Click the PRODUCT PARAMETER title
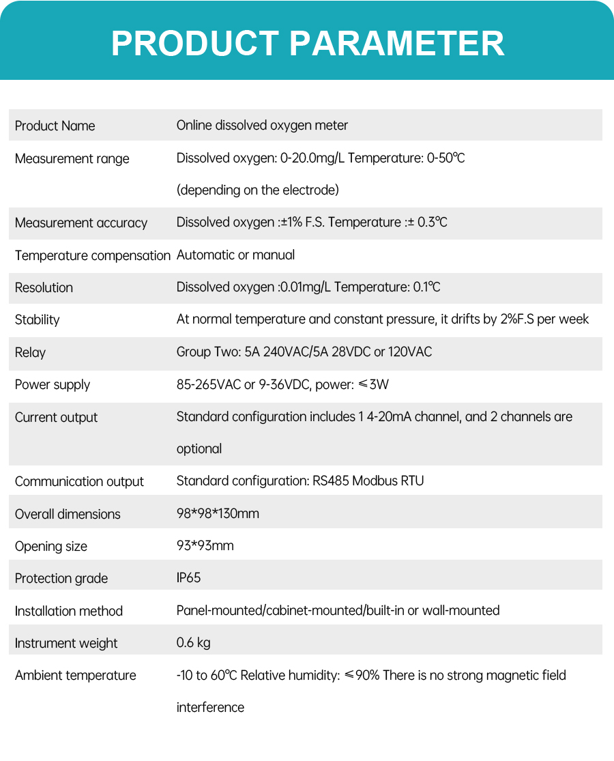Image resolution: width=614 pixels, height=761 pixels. point(307,43)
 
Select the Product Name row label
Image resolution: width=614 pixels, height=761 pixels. point(55,126)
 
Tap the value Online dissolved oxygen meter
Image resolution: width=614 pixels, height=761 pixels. point(262,126)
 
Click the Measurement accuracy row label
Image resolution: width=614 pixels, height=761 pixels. point(81,222)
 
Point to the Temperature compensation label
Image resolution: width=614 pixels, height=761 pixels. point(92,255)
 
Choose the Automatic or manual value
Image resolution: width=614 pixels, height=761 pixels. point(235,255)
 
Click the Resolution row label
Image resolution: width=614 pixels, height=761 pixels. point(44,287)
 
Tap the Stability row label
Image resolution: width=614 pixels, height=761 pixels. point(37,319)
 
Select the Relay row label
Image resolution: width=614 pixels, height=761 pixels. point(30,352)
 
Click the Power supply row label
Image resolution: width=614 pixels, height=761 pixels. point(52,384)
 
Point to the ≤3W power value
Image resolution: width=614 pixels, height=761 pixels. point(374,384)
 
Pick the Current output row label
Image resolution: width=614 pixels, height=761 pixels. point(56,417)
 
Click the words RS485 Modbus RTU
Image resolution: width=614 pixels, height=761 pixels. point(368,481)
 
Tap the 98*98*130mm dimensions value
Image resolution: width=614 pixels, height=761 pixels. point(218,513)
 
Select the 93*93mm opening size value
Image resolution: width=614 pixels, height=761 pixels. point(205,546)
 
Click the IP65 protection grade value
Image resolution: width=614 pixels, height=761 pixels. point(188,578)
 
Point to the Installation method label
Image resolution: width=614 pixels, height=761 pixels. point(68,611)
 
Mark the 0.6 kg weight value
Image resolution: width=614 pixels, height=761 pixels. point(193,643)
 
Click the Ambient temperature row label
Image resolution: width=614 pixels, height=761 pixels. point(75,675)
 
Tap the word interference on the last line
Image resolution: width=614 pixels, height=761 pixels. point(210,707)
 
